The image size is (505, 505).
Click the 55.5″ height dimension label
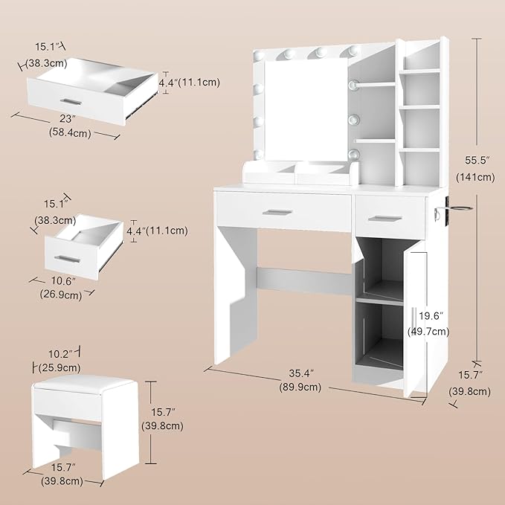click(476, 161)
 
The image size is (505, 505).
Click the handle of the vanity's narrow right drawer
click(386, 217)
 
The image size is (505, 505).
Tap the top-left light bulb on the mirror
click(260, 55)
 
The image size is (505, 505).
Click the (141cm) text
click(476, 177)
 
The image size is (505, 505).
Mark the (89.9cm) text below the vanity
click(300, 387)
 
